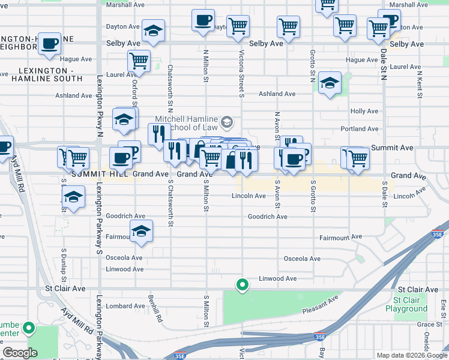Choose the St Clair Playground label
tap(411, 305)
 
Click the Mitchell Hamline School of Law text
tap(186, 123)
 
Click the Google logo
tap(20, 352)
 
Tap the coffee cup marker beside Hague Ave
tap(50, 44)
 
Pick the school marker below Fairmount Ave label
tap(141, 232)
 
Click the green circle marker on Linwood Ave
tap(243, 285)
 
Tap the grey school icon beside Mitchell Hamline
tap(226, 123)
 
